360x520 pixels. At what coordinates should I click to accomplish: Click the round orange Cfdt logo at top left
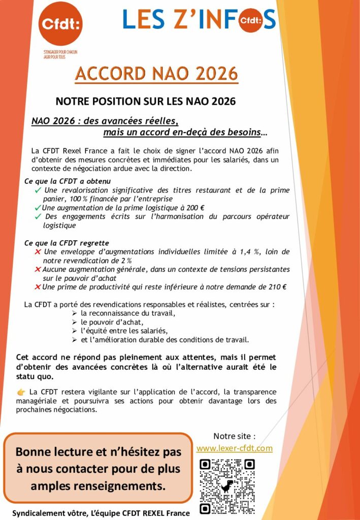point(61,23)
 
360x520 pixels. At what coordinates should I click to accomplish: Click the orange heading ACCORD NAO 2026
point(156,74)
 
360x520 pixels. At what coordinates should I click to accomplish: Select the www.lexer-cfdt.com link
point(234,448)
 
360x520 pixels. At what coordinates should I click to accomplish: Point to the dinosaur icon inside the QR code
point(227,486)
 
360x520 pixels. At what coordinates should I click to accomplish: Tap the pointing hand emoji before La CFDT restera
point(21,392)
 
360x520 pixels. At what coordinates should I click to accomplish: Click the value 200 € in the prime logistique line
point(194,207)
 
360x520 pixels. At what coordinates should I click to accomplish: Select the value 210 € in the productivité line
point(276,287)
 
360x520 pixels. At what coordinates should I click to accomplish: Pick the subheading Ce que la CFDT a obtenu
point(68,181)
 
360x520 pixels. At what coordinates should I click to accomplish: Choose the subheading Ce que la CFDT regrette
point(67,243)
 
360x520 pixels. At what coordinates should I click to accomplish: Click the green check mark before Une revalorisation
point(38,190)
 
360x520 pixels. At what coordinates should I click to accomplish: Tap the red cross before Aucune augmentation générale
point(38,269)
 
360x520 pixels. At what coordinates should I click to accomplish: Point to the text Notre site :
point(234,436)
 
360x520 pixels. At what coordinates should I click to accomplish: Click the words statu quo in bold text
point(35,377)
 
